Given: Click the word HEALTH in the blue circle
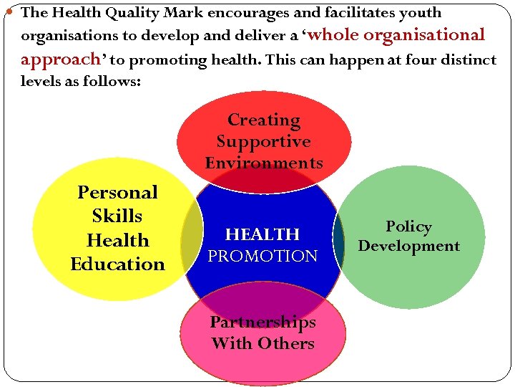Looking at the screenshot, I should click(x=263, y=234).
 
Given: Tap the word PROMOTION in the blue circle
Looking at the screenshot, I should click(x=263, y=256).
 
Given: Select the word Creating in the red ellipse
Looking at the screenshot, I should click(x=264, y=120).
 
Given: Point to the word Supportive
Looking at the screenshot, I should click(x=263, y=142).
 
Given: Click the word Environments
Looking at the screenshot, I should click(x=264, y=163).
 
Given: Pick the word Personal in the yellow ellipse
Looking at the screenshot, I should click(x=117, y=193).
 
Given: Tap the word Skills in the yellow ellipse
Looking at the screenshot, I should click(x=117, y=216).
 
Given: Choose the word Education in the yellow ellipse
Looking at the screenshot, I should click(x=117, y=264).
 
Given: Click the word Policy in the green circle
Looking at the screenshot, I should click(x=408, y=227).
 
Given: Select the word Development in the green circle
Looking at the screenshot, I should click(x=408, y=247).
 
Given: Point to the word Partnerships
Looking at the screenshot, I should click(x=263, y=322).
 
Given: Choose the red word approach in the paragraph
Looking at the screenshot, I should click(x=59, y=59).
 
